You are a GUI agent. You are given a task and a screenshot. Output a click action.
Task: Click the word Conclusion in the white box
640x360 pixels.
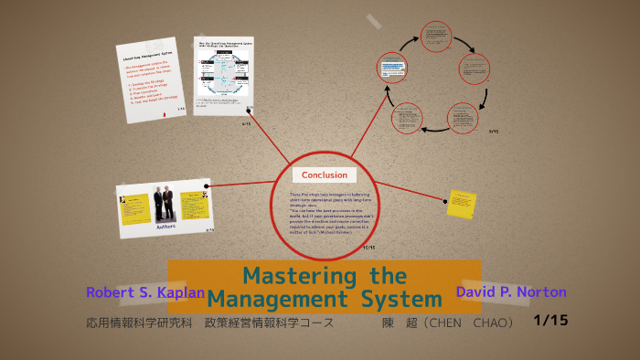point(324,175)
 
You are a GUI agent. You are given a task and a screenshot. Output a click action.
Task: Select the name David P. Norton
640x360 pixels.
point(510,292)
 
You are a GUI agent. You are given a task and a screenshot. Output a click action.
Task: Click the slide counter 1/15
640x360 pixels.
point(549,320)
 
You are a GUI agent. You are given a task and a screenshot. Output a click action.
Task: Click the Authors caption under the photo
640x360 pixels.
point(165,225)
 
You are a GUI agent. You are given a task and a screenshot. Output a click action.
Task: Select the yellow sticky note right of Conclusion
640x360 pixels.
point(459,204)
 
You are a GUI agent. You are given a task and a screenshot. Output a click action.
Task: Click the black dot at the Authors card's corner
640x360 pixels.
point(207,186)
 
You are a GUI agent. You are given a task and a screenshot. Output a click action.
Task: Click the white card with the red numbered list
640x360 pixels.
point(153,80)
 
